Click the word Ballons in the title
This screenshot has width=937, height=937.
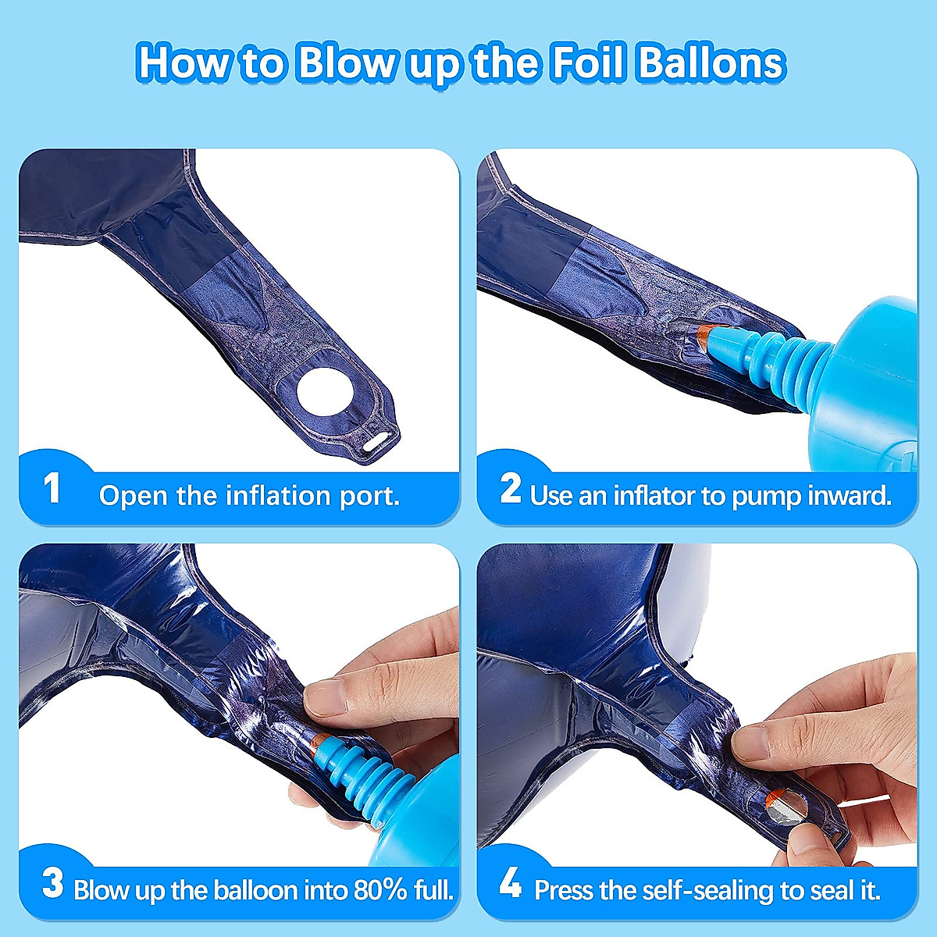[711, 62]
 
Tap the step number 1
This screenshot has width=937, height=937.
[52, 489]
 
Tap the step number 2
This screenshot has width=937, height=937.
[511, 489]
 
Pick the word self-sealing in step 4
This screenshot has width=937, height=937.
[719, 890]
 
